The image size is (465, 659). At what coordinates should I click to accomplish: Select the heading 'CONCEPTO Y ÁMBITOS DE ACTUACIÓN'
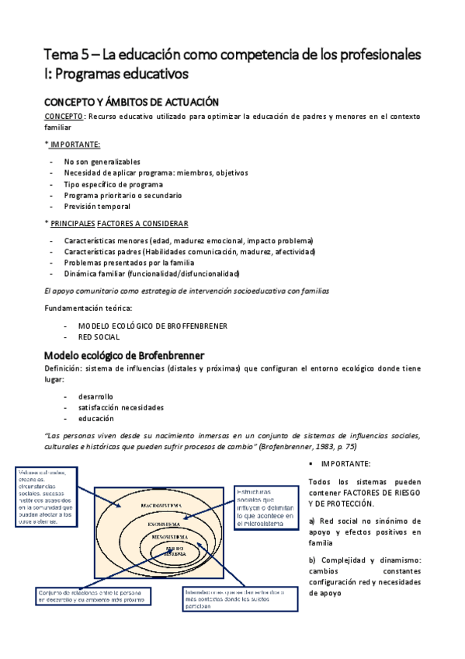pos(131,102)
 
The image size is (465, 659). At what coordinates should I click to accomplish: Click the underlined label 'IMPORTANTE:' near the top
pos(75,145)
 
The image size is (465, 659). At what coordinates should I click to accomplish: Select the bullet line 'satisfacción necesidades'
pos(120,407)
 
